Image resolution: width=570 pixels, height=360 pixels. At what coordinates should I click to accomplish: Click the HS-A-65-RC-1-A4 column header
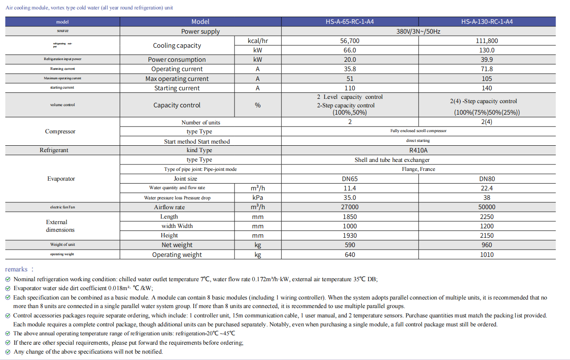pos(350,22)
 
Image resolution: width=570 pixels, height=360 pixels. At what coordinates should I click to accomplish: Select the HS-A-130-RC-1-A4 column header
pos(487,22)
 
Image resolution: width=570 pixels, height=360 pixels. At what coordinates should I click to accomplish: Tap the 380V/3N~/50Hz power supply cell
pos(418,32)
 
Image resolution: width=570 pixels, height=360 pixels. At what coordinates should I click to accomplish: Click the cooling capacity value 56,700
pos(350,41)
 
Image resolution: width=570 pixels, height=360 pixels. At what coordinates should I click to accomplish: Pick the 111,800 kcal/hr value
pos(487,41)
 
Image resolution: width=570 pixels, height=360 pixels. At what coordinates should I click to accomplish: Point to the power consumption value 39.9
pos(487,60)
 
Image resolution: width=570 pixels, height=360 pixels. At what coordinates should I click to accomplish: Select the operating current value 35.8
pos(350,69)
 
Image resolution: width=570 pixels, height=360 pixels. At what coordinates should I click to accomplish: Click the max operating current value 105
pos(487,79)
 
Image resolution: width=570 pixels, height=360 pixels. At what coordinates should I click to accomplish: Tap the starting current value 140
pos(487,88)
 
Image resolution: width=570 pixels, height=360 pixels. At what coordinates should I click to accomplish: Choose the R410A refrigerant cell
pos(418,150)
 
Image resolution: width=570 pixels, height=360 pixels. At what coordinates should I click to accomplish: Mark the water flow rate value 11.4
pos(350,188)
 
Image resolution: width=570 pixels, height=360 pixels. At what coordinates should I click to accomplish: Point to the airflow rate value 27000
pos(350,207)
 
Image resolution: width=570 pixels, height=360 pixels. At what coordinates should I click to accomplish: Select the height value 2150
pos(487,236)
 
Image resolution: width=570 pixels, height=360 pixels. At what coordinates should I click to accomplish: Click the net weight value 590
pos(350,245)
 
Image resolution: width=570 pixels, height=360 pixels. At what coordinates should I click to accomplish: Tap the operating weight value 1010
pos(487,255)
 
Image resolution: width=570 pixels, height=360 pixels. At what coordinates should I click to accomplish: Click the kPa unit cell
pos(258,198)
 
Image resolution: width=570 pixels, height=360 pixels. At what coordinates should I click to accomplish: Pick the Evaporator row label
pos(61,179)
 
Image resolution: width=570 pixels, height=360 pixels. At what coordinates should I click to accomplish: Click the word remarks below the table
pos(16,269)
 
